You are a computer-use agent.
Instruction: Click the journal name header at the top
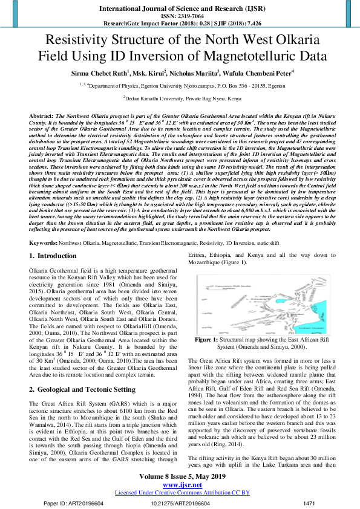180,9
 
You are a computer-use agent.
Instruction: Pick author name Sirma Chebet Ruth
99,73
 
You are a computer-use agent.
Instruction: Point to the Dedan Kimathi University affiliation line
180,97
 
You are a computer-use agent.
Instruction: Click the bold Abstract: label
41,115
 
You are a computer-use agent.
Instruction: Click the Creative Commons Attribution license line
180,493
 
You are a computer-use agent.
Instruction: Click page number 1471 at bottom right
309,503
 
